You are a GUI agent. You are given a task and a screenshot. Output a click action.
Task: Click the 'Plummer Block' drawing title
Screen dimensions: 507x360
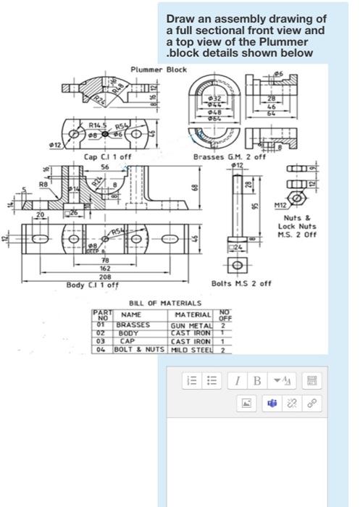pos(158,69)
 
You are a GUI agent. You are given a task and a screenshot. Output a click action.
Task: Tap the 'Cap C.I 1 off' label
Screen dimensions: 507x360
pos(108,156)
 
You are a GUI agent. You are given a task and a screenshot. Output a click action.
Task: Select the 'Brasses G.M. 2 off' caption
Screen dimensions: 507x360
pos(230,156)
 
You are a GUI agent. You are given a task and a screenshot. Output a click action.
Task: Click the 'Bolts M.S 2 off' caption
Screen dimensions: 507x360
pos(241,283)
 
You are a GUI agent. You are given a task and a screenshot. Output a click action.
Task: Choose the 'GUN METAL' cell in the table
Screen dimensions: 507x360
pos(191,325)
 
